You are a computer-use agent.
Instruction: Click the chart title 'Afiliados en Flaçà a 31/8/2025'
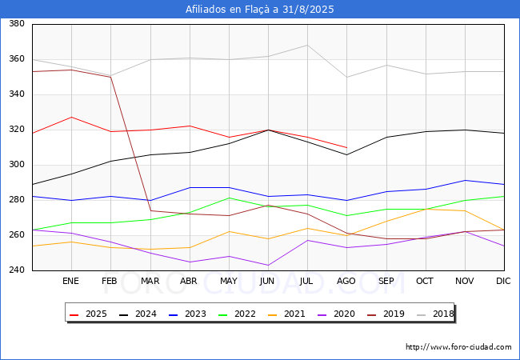[x=260, y=10]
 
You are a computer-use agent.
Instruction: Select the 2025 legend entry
[x=88, y=314]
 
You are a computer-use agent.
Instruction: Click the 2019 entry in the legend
[x=386, y=314]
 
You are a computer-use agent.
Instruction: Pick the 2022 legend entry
[x=237, y=314]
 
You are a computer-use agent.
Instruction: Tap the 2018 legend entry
[x=435, y=314]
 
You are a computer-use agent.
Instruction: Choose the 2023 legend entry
[x=187, y=314]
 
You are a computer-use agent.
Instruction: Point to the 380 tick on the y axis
[x=17, y=23]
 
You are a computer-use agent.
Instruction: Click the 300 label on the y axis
[x=17, y=165]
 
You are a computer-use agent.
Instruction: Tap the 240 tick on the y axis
[x=17, y=270]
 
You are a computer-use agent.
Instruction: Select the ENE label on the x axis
[x=70, y=281]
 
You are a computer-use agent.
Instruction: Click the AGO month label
[x=346, y=281]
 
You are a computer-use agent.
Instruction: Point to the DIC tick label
[x=503, y=281]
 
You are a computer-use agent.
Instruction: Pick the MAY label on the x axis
[x=229, y=281]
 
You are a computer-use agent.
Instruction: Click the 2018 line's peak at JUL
[x=307, y=45]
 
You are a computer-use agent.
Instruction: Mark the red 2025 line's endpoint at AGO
[x=347, y=147]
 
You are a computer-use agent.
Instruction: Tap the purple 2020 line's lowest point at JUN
[x=268, y=265]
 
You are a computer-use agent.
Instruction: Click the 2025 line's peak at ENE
[x=72, y=117]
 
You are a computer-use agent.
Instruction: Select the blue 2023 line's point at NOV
[x=466, y=180]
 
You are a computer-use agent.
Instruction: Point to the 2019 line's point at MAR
[x=150, y=211]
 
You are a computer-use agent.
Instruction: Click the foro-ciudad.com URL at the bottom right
[x=458, y=347]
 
